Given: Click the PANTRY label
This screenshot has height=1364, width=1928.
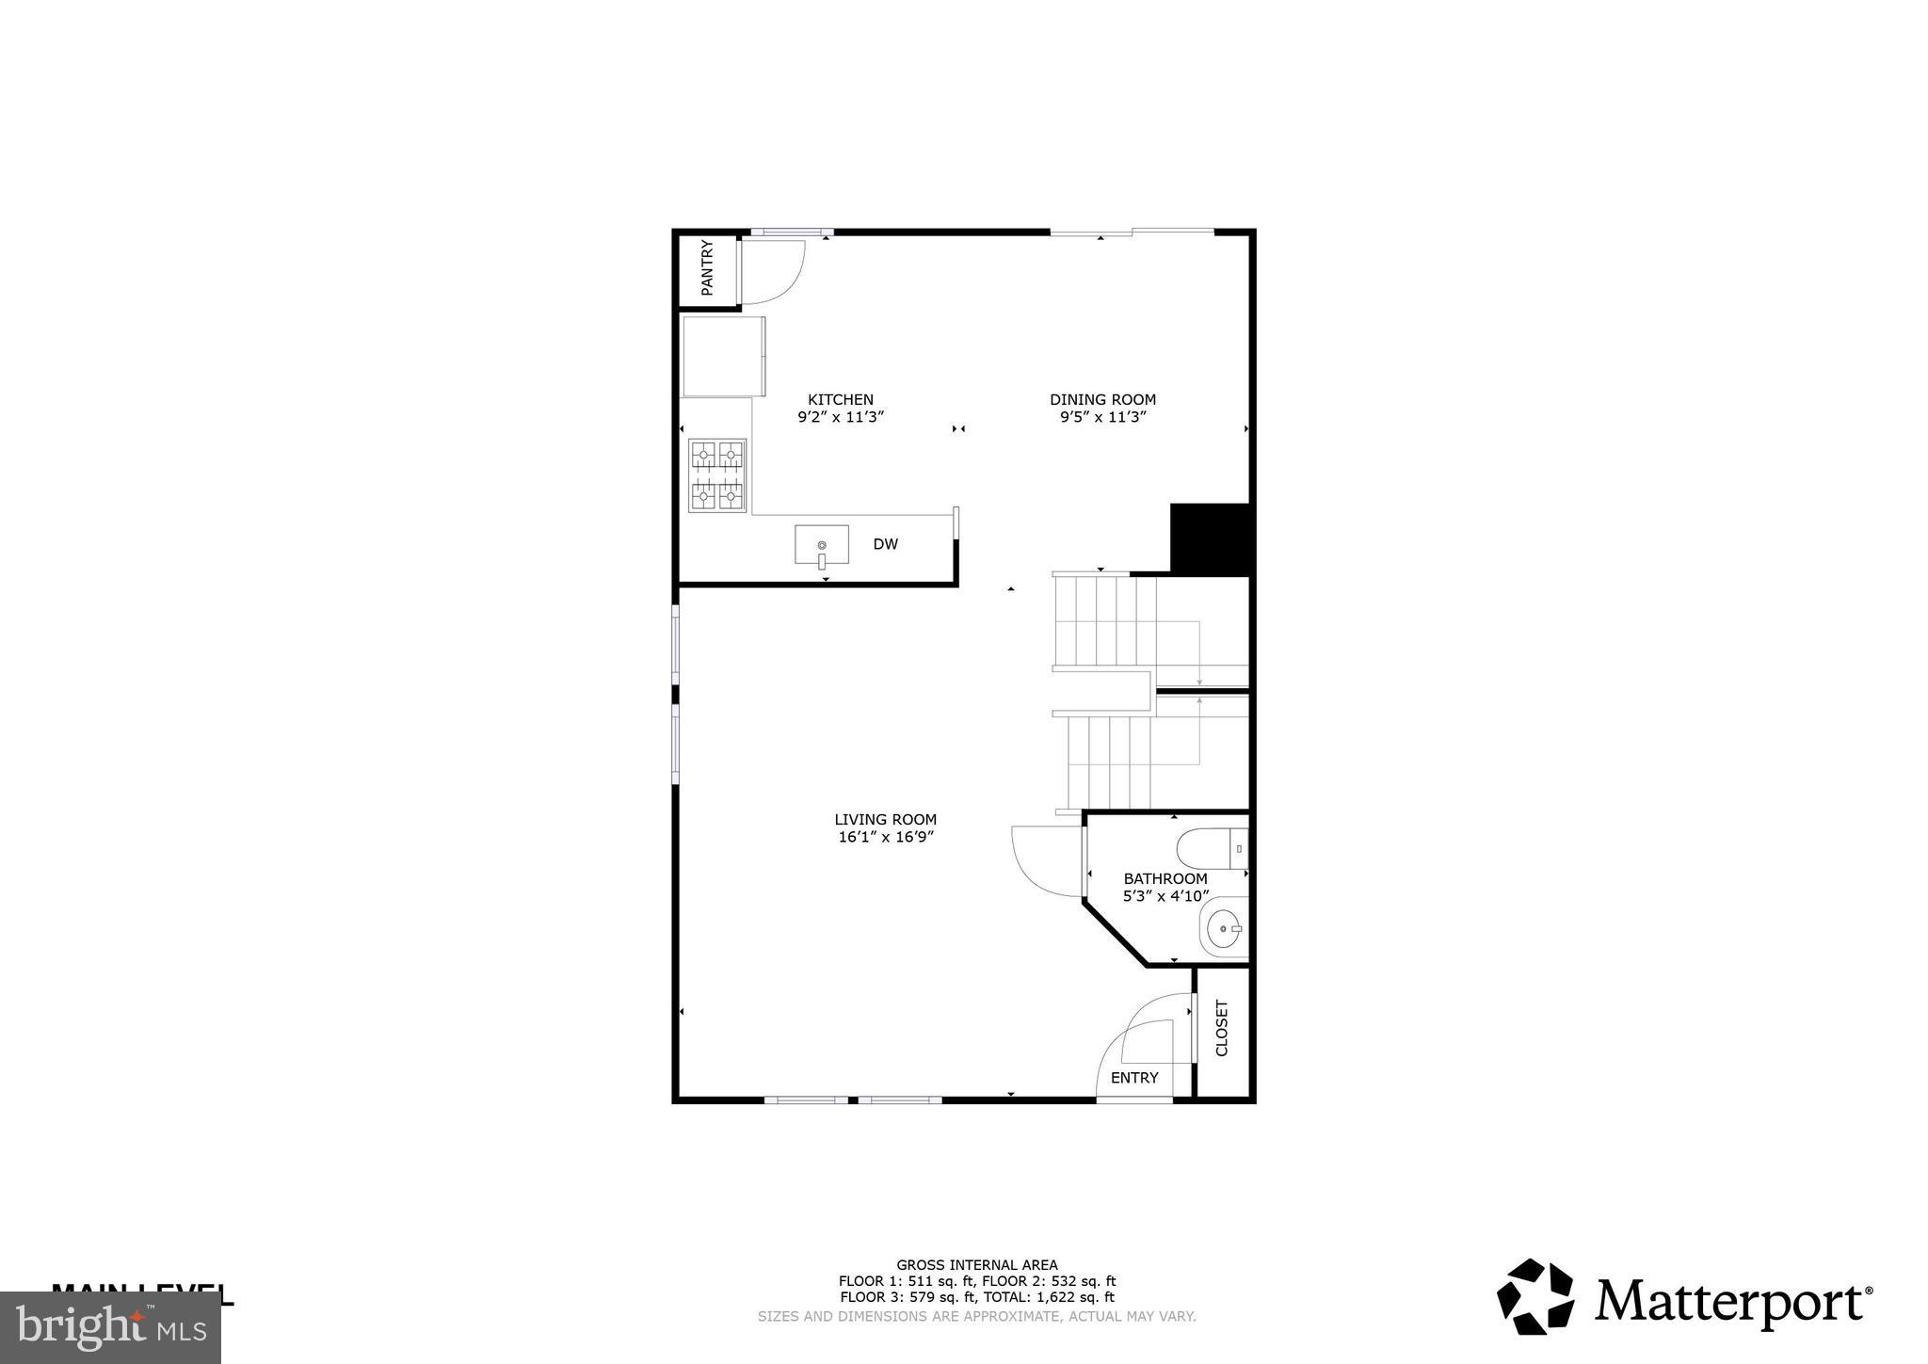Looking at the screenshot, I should (707, 268).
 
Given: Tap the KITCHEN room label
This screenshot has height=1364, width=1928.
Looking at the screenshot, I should (841, 400).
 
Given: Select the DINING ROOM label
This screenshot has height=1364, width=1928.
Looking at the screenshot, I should (1102, 400).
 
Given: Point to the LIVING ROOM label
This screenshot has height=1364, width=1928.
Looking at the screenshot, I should (885, 820).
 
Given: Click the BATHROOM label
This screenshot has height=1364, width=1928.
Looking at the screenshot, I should (1165, 879).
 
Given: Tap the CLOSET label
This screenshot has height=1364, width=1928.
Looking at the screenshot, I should (1222, 1028).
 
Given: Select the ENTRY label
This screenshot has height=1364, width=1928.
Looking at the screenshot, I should (1134, 1078).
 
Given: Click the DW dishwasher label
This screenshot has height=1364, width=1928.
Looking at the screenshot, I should (885, 544).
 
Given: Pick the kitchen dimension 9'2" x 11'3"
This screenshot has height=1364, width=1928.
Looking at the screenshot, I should (841, 417).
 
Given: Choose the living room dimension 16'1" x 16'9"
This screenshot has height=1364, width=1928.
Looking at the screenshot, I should (885, 837).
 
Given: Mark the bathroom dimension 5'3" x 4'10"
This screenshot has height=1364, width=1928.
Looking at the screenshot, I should (1165, 897).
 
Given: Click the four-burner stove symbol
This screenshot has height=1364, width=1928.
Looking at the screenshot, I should (717, 475).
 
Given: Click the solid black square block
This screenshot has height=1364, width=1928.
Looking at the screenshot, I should (1210, 538).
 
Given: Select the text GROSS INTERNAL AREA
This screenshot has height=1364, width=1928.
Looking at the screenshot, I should (976, 1265).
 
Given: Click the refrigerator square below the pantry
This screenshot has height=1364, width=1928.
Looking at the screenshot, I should (722, 357).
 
